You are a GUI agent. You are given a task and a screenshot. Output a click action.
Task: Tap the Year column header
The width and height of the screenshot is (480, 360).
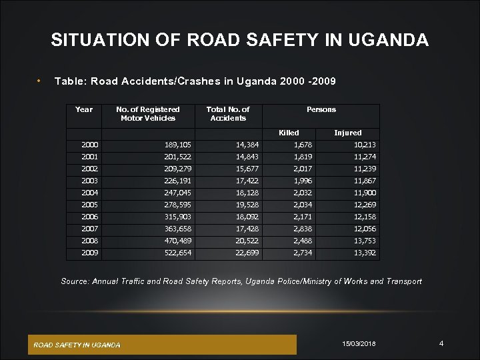point(85,109)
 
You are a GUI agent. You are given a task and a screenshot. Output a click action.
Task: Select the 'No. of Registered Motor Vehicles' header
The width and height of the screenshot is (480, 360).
point(148,113)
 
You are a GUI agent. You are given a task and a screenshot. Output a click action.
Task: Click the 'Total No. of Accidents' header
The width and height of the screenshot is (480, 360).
point(228,113)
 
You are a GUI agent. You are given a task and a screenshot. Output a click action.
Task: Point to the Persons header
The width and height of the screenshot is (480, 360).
point(321,109)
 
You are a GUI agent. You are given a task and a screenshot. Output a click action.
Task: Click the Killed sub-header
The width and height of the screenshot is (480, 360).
point(289,133)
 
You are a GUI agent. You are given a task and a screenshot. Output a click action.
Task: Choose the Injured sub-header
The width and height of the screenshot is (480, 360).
point(347,133)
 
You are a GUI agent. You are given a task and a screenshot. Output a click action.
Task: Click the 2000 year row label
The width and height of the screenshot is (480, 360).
point(89,144)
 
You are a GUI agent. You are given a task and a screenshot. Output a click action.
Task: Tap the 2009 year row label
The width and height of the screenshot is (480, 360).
point(89,253)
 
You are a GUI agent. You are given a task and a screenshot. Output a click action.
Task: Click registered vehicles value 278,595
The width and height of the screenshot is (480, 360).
point(179,205)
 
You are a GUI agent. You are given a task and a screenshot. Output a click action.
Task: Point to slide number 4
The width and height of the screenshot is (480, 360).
point(441,343)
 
